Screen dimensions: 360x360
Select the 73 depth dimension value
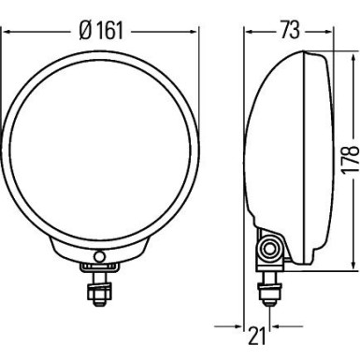pyautogui.click(x=287, y=29)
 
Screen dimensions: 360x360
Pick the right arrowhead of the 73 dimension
pyautogui.click(x=326, y=29)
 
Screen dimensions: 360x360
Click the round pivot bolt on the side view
pyautogui.click(x=271, y=249)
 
